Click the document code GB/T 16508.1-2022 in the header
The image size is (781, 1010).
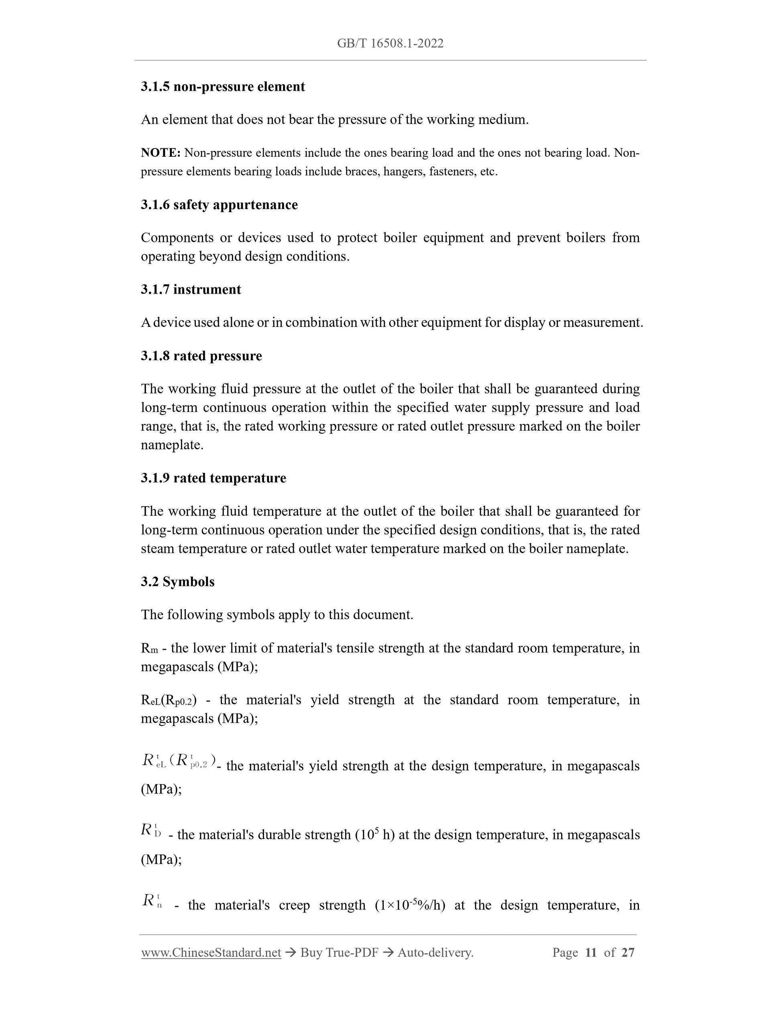(x=390, y=43)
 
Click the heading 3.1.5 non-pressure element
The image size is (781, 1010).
(x=223, y=87)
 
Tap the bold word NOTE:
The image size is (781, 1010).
(x=161, y=152)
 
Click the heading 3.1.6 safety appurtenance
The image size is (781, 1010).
(x=219, y=205)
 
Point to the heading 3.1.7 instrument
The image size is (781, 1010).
(x=191, y=290)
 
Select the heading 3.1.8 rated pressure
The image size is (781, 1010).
(x=201, y=356)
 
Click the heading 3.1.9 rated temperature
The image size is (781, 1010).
(x=213, y=478)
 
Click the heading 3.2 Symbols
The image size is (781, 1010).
(x=178, y=581)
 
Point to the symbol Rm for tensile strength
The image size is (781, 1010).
(x=149, y=648)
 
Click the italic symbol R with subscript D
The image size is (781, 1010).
(x=151, y=830)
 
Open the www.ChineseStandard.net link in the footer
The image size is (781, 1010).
(x=211, y=952)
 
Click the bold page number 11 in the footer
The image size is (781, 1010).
(x=590, y=952)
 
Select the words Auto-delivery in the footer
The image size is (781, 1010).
(x=435, y=952)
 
